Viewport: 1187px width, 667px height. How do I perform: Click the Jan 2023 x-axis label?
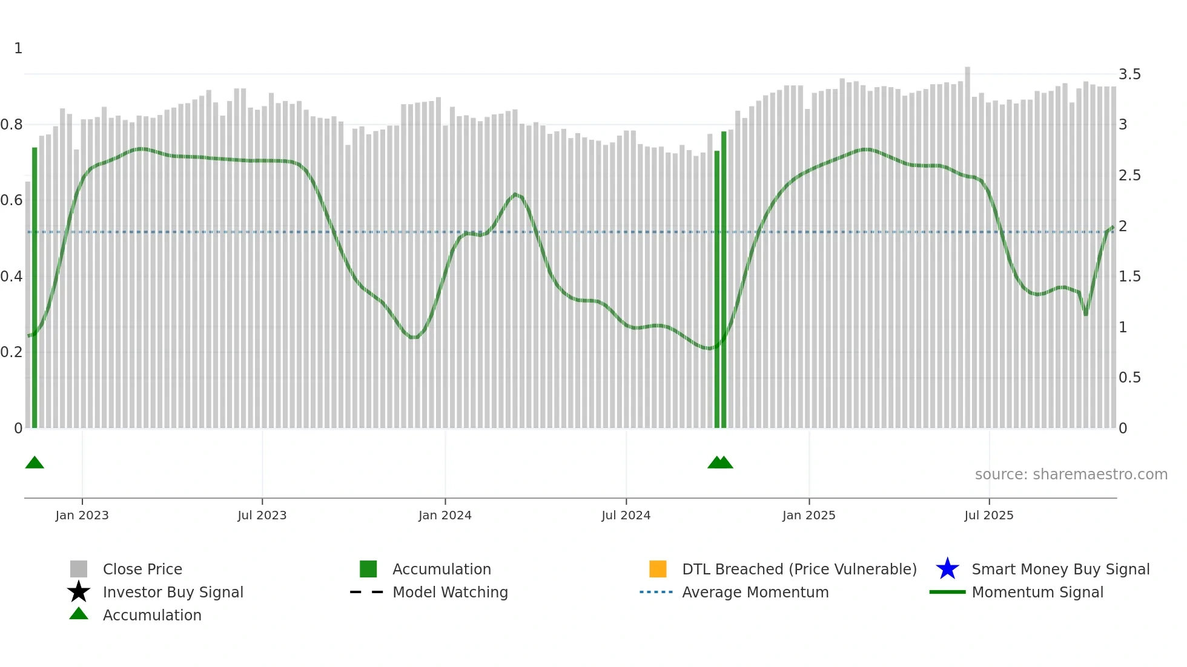click(x=82, y=516)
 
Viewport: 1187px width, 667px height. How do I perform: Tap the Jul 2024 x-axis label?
click(x=626, y=516)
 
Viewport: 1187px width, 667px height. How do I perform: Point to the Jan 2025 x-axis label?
click(x=808, y=516)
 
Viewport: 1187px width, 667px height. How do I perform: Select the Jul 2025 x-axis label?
click(x=988, y=516)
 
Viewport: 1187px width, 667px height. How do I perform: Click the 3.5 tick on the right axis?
click(x=1129, y=74)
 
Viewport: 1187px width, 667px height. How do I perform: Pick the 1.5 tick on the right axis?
click(x=1129, y=277)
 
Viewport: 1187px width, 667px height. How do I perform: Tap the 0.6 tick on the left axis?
click(x=12, y=200)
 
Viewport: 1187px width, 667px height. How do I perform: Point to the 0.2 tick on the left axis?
click(x=12, y=352)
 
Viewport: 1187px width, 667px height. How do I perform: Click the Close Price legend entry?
click(x=142, y=570)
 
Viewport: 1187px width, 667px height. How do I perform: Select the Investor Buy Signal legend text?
click(x=173, y=593)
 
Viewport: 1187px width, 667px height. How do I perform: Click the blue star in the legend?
click(x=947, y=569)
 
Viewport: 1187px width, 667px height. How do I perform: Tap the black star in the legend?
click(x=79, y=592)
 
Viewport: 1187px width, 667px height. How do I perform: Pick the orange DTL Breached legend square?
click(x=658, y=569)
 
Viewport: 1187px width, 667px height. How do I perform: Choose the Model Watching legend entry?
click(x=450, y=593)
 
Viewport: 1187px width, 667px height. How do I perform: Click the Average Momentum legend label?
click(x=755, y=593)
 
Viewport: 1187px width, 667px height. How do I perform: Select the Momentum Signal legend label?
click(x=1037, y=593)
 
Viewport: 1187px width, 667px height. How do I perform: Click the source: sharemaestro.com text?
click(x=1071, y=475)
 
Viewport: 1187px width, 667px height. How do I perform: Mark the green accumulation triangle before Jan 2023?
click(x=35, y=463)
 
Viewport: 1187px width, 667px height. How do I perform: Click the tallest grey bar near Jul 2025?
click(x=967, y=242)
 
